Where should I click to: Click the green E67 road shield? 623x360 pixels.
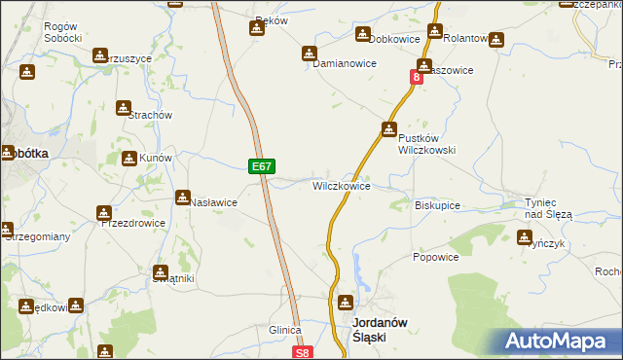[x=261, y=166]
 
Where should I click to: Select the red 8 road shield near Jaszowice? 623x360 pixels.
[x=417, y=76]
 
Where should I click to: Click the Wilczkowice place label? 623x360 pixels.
[x=341, y=186]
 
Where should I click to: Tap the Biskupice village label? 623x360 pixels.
[x=437, y=206]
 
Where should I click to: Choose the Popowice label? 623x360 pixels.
[x=435, y=258]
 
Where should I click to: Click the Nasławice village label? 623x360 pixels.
[x=214, y=202]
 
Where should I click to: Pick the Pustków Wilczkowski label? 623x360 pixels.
[x=425, y=144]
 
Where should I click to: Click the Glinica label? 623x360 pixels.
[x=285, y=331]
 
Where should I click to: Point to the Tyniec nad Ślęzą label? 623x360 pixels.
[x=550, y=207]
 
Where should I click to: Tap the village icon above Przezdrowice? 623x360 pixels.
[x=104, y=212]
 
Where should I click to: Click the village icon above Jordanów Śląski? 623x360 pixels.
[x=347, y=303]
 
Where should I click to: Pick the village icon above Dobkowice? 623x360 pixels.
[x=362, y=28]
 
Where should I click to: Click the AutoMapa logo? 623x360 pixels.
[x=558, y=341]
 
